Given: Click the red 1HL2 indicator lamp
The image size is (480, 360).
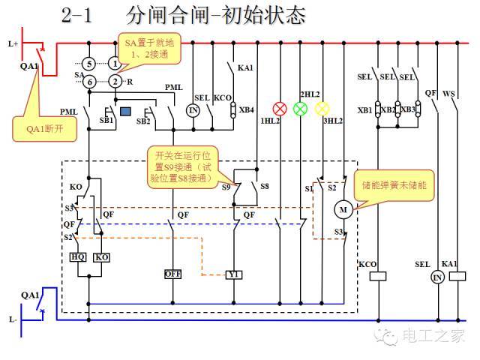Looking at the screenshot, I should (x=280, y=108).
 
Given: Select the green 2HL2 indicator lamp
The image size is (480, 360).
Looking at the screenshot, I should (x=300, y=108).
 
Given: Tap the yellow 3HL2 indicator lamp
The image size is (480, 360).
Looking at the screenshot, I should (x=322, y=108).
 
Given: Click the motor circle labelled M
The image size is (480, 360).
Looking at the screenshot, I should (x=343, y=209).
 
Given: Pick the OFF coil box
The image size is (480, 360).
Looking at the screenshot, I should (x=173, y=273).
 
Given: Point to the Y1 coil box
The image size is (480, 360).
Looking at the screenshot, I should (x=235, y=274).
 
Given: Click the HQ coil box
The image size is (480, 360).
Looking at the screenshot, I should (x=78, y=256).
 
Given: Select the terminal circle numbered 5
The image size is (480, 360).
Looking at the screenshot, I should (x=88, y=64).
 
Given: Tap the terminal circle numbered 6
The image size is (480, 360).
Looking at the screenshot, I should (x=88, y=81).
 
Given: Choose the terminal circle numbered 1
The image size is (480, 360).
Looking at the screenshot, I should (x=114, y=64).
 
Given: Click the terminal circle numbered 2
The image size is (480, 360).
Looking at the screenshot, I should (x=114, y=81).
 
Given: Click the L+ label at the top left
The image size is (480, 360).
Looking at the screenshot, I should (x=13, y=44).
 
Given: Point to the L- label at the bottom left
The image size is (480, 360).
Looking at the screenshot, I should (x=13, y=319).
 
